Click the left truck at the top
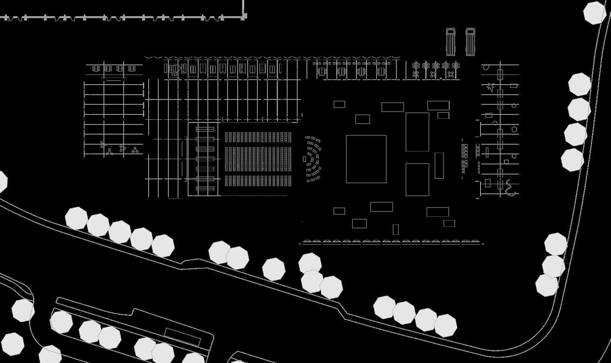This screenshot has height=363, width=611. pyautogui.click(x=450, y=42)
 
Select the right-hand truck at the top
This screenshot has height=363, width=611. pyautogui.click(x=470, y=42)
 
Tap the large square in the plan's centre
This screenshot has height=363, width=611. pyautogui.click(x=366, y=159)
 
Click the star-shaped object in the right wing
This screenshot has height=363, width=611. pyautogui.click(x=491, y=87)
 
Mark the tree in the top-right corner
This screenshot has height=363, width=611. pyautogui.click(x=594, y=13)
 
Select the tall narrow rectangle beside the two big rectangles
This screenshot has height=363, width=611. pyautogui.click(x=439, y=166)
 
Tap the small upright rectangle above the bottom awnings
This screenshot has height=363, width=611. pyautogui.click(x=396, y=229)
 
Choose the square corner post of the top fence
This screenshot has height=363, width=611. pyautogui.click(x=244, y=16)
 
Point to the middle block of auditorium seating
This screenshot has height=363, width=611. pyautogui.click(x=258, y=159)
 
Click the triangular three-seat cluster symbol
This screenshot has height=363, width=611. pyautogui.click(x=110, y=152)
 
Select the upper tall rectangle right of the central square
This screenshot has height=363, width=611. pyautogui.click(x=417, y=132)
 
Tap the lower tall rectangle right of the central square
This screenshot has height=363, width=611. pyautogui.click(x=417, y=179)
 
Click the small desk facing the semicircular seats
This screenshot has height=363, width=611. pyautogui.click(x=304, y=159)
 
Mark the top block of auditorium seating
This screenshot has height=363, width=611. pyautogui.click(x=258, y=137)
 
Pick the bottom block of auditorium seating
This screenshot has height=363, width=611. pyautogui.click(x=258, y=180)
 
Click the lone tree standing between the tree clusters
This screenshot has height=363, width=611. pyautogui.click(x=274, y=269)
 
